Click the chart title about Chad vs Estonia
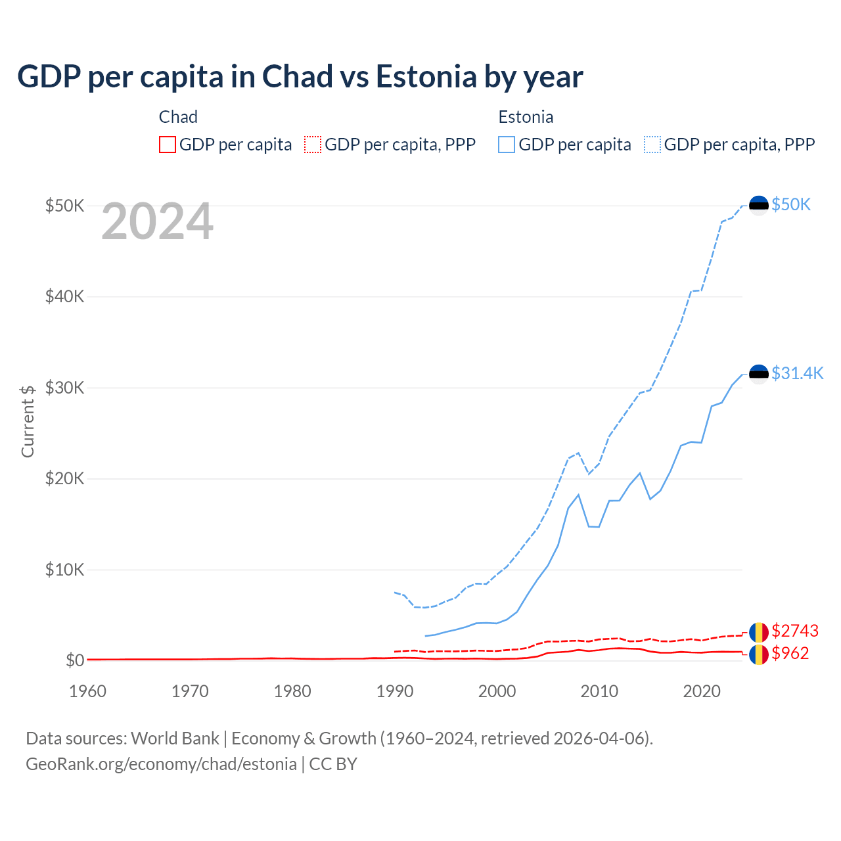point(300,77)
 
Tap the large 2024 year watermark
point(157,222)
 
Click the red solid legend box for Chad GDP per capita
point(168,145)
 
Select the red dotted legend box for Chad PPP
point(313,145)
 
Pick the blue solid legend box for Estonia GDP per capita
point(507,145)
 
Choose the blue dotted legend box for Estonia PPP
point(652,145)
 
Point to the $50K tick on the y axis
point(64,206)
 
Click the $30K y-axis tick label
point(64,388)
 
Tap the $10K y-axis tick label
point(64,570)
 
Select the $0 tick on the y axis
point(75,660)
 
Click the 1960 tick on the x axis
point(87,691)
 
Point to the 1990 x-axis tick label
point(395,691)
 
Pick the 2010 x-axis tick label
point(599,691)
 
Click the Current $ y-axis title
point(28,421)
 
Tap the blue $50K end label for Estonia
point(791,205)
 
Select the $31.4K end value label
point(797,374)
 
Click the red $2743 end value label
point(795,631)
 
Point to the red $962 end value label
point(790,654)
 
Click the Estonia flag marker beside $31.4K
point(759,375)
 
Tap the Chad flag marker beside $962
point(759,654)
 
